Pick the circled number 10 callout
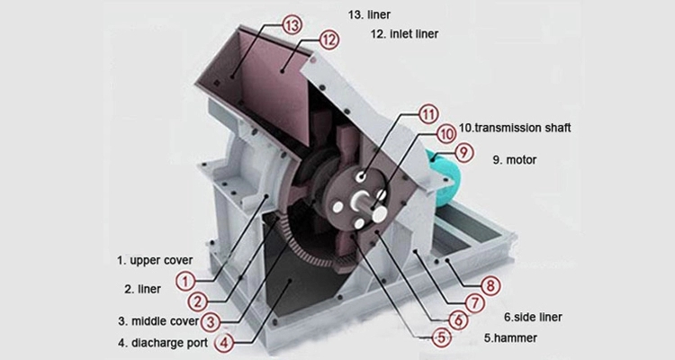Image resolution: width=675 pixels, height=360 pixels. point(445,133)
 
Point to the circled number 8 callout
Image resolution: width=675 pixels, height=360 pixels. point(490,287)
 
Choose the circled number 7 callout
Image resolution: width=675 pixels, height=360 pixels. point(472,304)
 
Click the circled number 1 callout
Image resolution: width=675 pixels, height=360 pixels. point(184,281)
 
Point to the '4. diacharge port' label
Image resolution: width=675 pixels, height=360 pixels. point(162,343)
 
